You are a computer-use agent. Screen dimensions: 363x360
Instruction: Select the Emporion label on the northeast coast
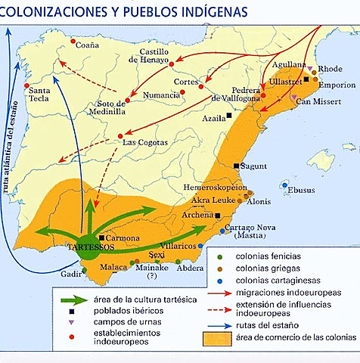(336, 85)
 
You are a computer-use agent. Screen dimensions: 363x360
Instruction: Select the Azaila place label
(215, 118)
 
